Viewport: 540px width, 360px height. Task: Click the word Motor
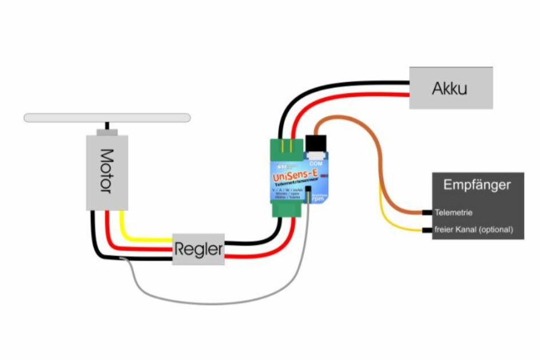click(106, 170)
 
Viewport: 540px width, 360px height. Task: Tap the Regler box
click(198, 249)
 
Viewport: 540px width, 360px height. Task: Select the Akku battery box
click(450, 88)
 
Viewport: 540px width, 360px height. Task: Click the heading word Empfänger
click(477, 185)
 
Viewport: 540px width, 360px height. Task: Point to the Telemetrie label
click(454, 212)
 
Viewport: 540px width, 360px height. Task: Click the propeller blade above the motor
click(107, 117)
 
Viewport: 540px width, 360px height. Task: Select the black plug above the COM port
click(316, 143)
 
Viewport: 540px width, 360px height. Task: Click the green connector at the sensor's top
click(285, 147)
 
